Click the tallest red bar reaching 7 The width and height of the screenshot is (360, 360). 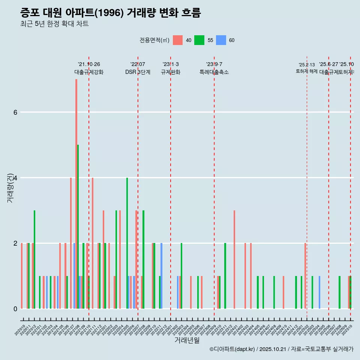tap(76, 193)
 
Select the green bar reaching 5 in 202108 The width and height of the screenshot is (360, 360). tap(78, 226)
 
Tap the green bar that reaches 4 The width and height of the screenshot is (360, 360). tap(127, 243)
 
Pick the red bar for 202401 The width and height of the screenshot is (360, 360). tap(234, 259)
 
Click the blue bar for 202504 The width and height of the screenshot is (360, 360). tap(319, 292)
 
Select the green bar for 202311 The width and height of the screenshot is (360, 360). tap(225, 276)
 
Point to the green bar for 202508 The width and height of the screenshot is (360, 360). tap(339, 292)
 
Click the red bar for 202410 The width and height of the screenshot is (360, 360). tap(283, 292)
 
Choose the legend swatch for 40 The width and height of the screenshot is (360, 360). tap(178, 40)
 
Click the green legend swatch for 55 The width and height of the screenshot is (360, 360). tap(199, 40)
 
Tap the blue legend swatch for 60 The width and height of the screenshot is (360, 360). tap(221, 40)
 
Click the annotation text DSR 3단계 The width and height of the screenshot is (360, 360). tap(138, 72)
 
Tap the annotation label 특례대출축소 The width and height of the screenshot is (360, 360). tap(214, 72)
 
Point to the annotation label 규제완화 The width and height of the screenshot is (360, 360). tap(171, 72)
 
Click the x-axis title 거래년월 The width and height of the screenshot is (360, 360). tap(187, 340)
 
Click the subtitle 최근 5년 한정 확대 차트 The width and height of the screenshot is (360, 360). tap(54, 24)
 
